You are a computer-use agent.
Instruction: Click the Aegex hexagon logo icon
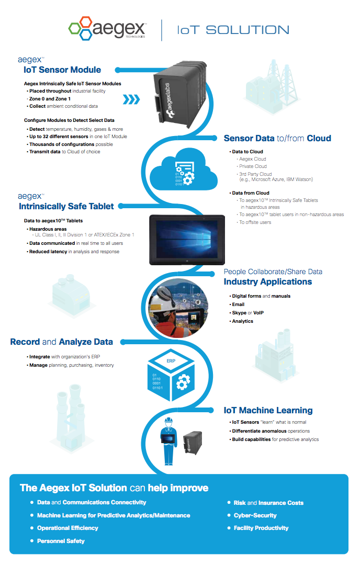click(x=81, y=29)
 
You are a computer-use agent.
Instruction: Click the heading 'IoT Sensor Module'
click(x=62, y=70)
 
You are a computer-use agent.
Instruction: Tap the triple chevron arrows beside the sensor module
click(x=132, y=99)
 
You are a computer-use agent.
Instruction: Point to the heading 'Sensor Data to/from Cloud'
click(x=277, y=138)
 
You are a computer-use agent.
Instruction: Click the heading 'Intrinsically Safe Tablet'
click(x=66, y=206)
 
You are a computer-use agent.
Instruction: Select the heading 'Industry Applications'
click(x=268, y=281)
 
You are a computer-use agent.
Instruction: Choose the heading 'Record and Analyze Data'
click(x=61, y=342)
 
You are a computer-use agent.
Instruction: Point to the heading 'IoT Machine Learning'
click(x=268, y=410)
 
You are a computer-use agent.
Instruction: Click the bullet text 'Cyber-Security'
click(x=255, y=515)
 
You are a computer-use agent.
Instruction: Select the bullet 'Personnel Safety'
click(x=61, y=541)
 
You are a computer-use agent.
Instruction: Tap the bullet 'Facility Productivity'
click(x=261, y=528)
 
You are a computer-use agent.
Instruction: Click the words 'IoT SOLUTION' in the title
click(x=233, y=30)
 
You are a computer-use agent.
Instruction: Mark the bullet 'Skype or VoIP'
click(x=248, y=313)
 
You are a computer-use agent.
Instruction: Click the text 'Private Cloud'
click(x=253, y=166)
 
